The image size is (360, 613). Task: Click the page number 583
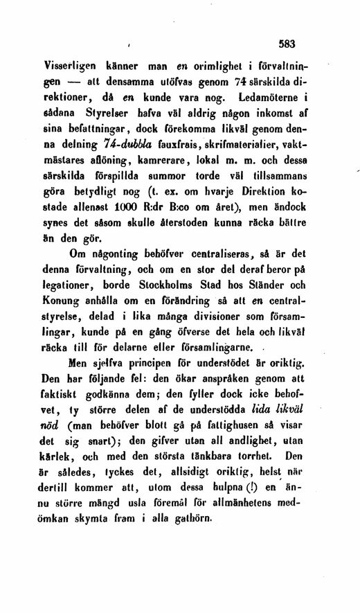coord(285,44)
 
